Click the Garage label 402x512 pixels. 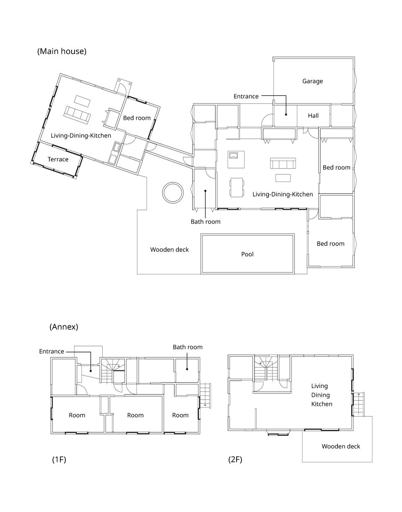coord(312,81)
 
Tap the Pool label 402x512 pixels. coord(247,254)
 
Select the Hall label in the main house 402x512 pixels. coord(313,115)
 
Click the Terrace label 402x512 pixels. coord(58,159)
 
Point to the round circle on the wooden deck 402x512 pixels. coord(173,182)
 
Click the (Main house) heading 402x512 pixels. coord(62,51)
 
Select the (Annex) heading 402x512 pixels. coord(64,327)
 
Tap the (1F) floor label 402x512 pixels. coord(59,459)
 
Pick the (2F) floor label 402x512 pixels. coord(235,459)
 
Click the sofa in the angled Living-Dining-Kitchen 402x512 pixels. coord(77,115)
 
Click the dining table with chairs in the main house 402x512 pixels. coord(237,187)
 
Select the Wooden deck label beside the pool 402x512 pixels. coord(169,250)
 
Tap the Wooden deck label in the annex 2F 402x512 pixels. coord(341,446)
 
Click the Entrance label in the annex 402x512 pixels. coord(52,351)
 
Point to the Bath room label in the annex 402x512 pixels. coord(188,347)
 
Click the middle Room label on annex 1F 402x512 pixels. coord(135,415)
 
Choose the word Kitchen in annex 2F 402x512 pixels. coord(322,404)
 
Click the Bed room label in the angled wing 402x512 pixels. coord(137,118)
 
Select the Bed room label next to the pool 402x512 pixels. coord(330,243)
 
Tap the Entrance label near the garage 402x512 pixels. coord(246,96)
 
